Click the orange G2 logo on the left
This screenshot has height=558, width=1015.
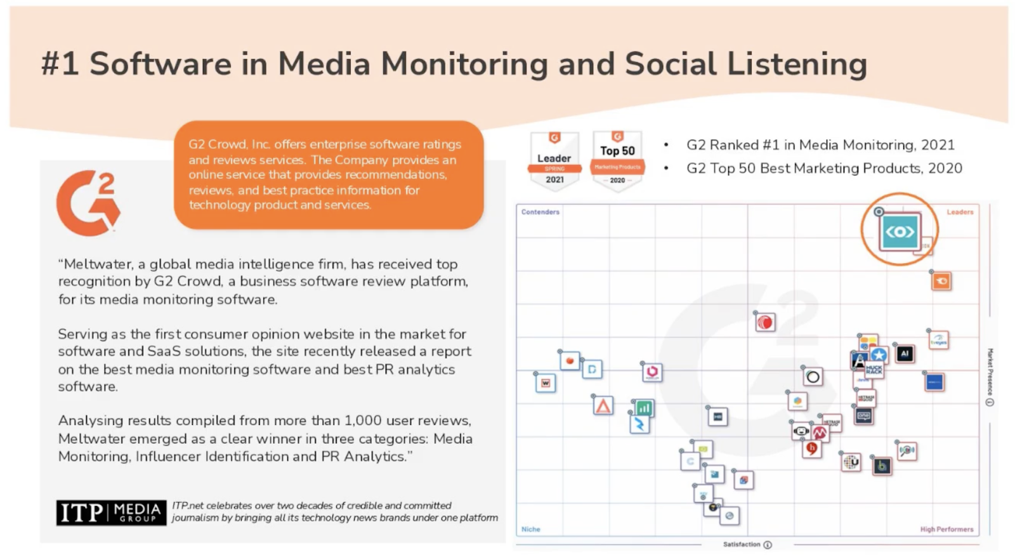click(88, 203)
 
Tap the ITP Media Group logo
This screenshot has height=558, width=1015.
click(111, 512)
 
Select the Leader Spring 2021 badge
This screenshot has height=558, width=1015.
click(554, 160)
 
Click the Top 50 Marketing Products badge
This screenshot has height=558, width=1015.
click(617, 160)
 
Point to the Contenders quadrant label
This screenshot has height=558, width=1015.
click(540, 212)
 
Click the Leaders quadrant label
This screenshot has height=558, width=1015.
click(960, 212)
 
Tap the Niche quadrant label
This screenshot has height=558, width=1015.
click(531, 529)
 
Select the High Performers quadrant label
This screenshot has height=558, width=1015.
click(946, 529)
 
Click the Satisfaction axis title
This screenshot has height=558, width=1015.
click(742, 545)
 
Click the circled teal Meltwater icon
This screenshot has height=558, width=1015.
click(900, 231)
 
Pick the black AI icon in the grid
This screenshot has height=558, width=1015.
click(905, 354)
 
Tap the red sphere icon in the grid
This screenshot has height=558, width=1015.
click(766, 323)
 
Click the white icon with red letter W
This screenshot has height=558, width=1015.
click(546, 383)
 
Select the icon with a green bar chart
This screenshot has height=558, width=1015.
click(644, 408)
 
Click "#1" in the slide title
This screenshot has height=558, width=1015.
click(60, 64)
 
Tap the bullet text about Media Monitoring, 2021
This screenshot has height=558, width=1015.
click(820, 145)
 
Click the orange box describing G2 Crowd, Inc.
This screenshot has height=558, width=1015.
click(329, 174)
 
